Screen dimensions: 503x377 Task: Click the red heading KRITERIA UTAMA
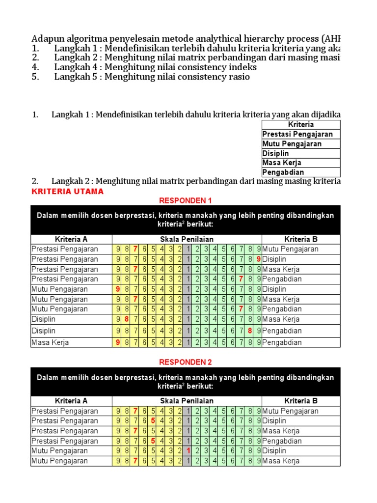tap(68, 192)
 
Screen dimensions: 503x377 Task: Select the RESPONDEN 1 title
tap(185, 200)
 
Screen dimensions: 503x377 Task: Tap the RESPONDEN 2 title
tap(185, 362)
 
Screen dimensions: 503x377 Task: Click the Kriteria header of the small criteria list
tap(301, 125)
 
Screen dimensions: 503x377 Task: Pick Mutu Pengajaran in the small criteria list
tap(292, 144)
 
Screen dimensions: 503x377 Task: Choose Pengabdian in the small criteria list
tap(283, 172)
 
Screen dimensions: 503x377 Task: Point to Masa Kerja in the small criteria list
tap(282, 163)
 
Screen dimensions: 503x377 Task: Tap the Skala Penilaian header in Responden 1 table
tap(187, 239)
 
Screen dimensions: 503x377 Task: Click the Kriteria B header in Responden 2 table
tap(301, 401)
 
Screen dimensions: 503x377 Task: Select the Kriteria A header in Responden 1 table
tap(71, 239)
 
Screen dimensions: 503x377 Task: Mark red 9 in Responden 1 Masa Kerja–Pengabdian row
tap(118, 342)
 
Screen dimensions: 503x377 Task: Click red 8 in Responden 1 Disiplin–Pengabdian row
tap(250, 331)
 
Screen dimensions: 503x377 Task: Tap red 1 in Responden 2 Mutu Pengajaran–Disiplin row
tap(188, 450)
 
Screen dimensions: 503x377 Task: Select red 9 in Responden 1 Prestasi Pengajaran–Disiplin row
tap(258, 259)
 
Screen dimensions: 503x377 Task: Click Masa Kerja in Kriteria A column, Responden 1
tap(50, 342)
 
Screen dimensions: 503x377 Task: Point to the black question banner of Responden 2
tap(185, 382)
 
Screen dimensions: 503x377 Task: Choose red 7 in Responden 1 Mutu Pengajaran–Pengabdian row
tap(241, 309)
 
